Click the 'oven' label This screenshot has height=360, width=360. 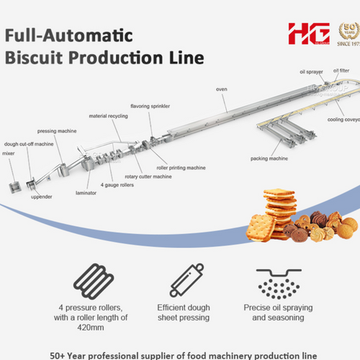click(221, 89)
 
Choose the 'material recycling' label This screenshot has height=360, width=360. click(107, 115)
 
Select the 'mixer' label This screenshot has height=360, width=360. click(9, 153)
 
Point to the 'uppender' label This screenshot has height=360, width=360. click(41, 197)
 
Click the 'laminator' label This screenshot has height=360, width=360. click(86, 192)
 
